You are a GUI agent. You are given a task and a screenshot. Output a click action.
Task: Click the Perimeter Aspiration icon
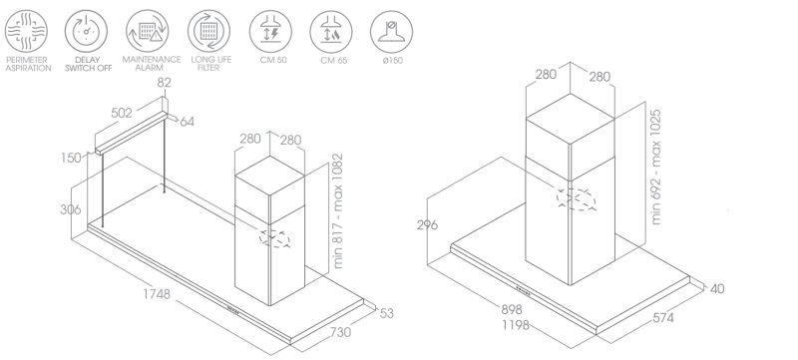pos(27,31)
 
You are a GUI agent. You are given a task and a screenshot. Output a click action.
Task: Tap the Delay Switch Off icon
pos(86,31)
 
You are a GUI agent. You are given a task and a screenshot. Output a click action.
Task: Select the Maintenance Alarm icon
pos(147,31)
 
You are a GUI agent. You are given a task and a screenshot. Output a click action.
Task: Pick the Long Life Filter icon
pos(208,31)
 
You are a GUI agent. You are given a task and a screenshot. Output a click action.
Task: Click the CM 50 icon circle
pos(270,31)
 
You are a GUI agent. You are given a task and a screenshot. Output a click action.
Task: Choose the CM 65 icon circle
pos(331,31)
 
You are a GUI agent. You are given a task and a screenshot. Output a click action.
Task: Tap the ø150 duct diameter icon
pos(391,31)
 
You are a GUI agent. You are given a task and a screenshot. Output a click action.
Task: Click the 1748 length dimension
pos(157,294)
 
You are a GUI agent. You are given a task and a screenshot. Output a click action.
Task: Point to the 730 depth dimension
pos(340,332)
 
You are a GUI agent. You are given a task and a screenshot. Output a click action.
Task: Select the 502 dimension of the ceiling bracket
pos(121,113)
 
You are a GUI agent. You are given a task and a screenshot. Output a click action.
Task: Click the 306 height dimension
pos(70,209)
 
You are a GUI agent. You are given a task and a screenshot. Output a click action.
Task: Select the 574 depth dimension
pos(663,318)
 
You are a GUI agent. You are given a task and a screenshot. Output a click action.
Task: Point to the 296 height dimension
pos(427,224)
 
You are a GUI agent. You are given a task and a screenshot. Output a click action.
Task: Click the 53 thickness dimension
pos(387,314)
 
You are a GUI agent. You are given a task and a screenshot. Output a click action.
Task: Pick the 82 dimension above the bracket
pos(164,83)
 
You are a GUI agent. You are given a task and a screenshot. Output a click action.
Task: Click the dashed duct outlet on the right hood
pos(577,199)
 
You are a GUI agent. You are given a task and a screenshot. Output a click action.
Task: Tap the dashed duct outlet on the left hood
pos(275,238)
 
